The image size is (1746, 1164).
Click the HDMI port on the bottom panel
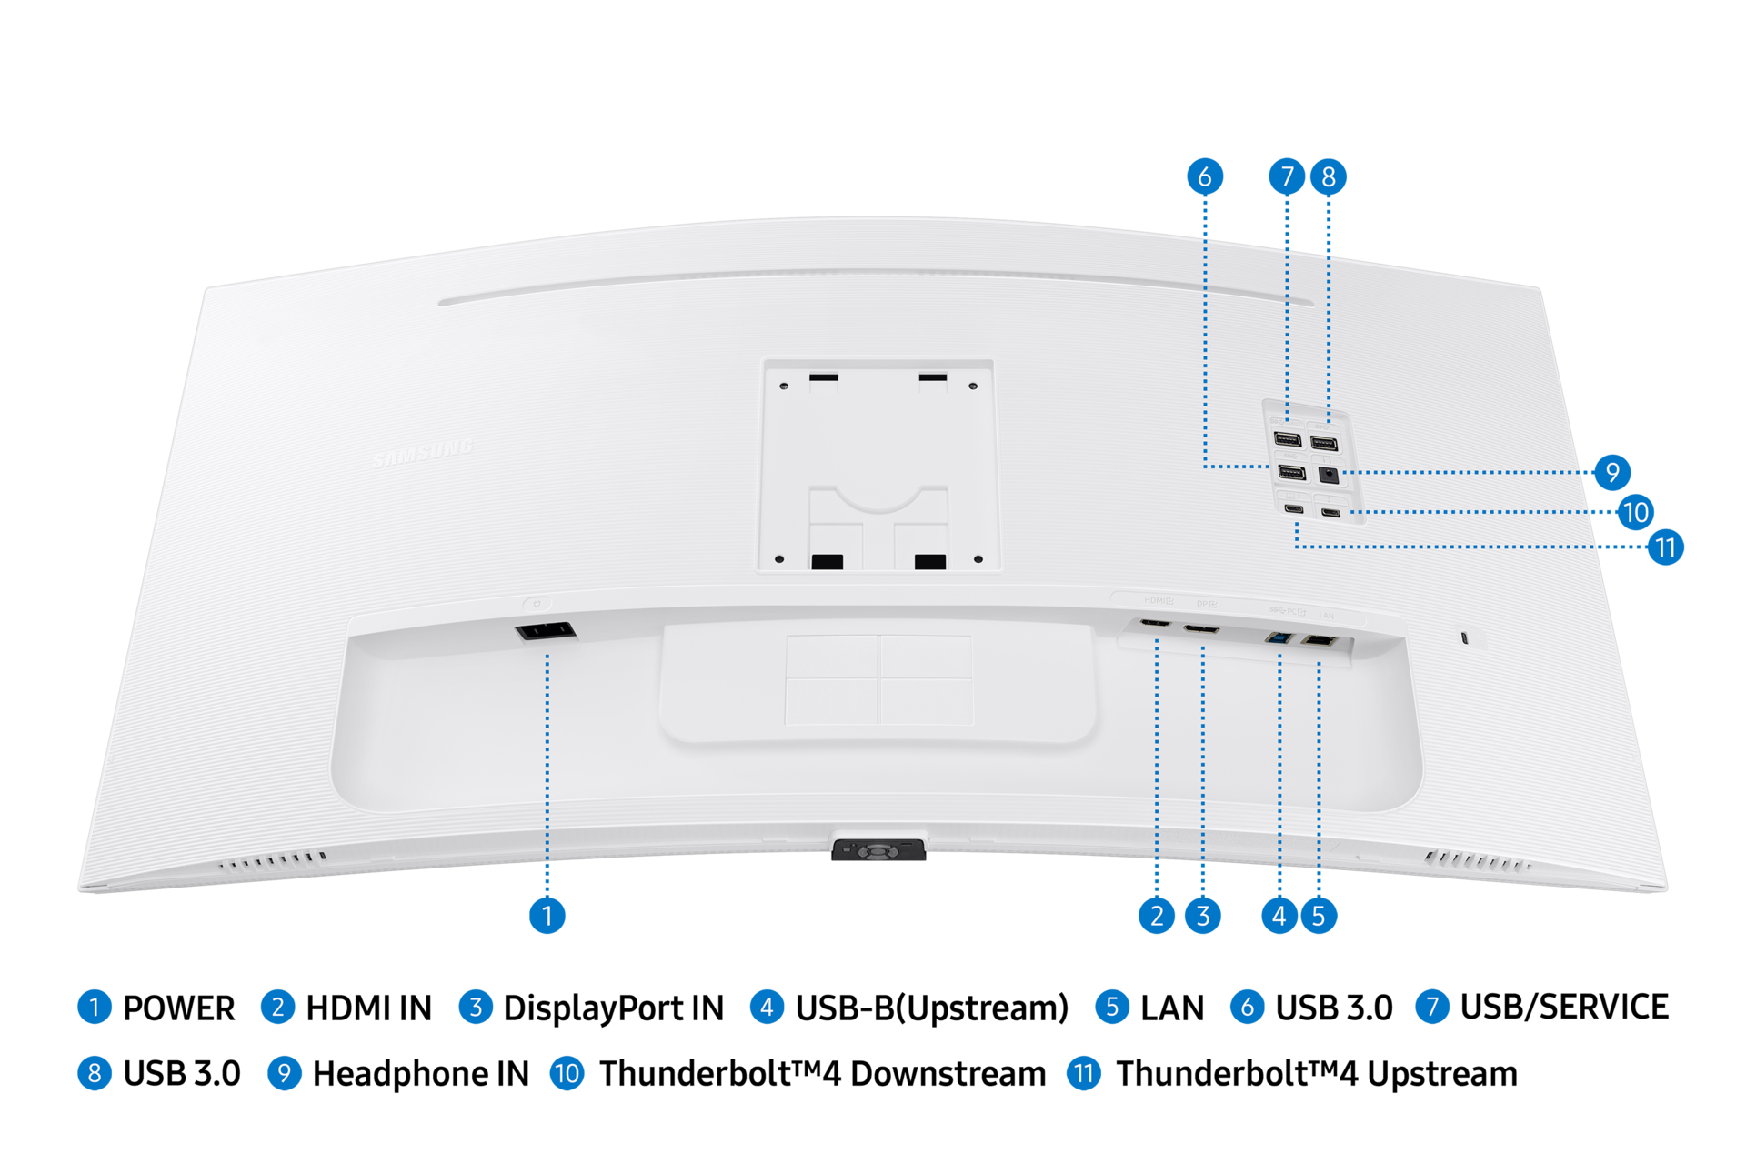tap(1154, 625)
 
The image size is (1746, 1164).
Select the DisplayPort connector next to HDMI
tap(1201, 629)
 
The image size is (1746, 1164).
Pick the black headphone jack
tap(1329, 474)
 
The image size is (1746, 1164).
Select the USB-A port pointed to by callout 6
tap(1291, 472)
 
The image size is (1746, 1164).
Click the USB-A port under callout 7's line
tap(1287, 440)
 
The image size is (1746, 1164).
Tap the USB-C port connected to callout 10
tap(1331, 513)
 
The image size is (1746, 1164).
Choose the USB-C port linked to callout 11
tap(1293, 509)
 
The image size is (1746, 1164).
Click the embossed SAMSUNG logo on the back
tap(423, 452)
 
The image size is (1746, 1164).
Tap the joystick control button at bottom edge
tap(878, 851)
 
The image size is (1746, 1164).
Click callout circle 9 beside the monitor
tap(1612, 472)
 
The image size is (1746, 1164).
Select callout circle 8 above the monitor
tap(1329, 176)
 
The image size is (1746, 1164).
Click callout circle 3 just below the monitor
tap(1203, 916)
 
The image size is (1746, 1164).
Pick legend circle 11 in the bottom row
tap(1083, 1073)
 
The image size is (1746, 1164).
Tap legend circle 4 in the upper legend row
tap(767, 1007)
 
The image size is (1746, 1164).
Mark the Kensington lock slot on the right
tap(1463, 637)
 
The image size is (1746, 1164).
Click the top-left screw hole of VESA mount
tap(784, 386)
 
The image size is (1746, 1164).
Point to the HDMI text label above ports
tap(1158, 601)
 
